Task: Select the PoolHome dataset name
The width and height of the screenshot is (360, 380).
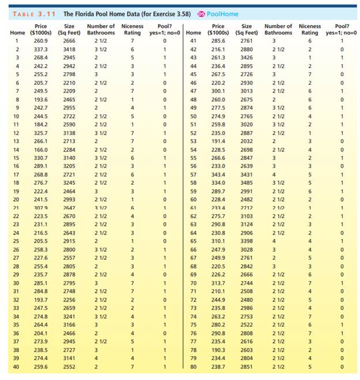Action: [223, 14]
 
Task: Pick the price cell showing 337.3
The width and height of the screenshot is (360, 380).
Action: [40, 50]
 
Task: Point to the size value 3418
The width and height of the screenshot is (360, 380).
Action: [69, 50]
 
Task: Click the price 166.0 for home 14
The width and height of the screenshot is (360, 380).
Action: [40, 149]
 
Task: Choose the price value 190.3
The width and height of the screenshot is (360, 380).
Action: [218, 350]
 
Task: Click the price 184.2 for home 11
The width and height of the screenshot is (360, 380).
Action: [40, 124]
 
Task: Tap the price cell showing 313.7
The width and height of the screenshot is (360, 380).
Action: [218, 283]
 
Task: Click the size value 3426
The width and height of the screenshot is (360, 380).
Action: [246, 58]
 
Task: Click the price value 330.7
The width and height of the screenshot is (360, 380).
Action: [40, 158]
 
